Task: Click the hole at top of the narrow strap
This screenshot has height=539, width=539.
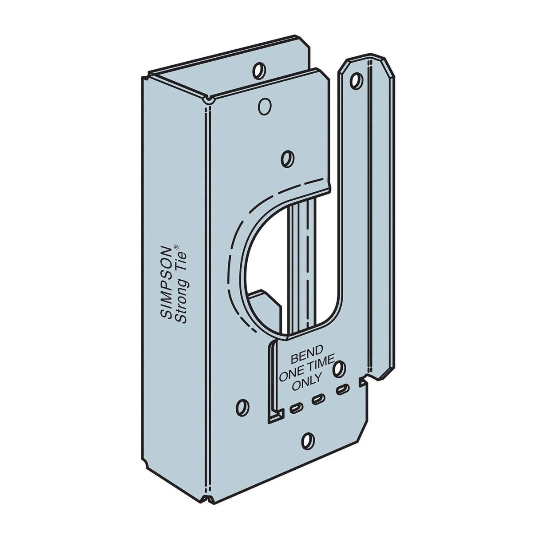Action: [354, 80]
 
